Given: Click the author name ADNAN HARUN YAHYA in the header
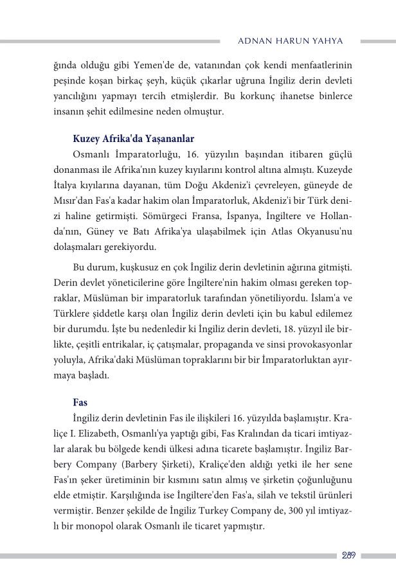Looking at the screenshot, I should [x=290, y=41].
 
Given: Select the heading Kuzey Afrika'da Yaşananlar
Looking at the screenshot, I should [x=134, y=139].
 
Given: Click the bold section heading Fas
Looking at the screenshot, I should [x=80, y=402].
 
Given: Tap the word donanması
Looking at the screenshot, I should [x=74, y=170].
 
